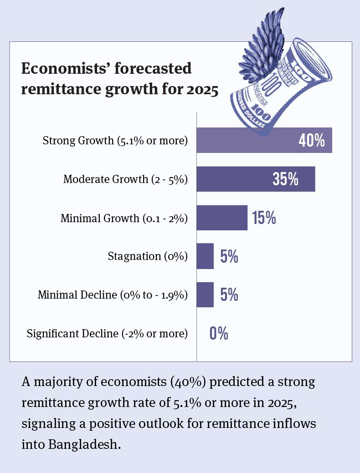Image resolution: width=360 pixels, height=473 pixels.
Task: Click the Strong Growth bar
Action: coord(246,140)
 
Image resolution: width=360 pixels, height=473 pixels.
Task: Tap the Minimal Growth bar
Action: coord(222,218)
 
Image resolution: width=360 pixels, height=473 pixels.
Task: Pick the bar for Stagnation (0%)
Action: coord(205,256)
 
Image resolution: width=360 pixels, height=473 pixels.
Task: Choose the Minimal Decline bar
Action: coord(205,295)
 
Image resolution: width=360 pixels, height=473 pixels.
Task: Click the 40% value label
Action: coord(312,140)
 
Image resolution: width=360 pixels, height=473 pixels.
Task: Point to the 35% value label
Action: coord(285,179)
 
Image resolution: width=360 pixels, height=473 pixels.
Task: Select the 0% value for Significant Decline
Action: coord(219,334)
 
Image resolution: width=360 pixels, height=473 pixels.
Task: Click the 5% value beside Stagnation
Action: coord(229,257)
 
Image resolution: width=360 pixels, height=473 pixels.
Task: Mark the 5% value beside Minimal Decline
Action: coord(229,295)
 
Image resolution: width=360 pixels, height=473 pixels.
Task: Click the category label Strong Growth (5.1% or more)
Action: coord(115,141)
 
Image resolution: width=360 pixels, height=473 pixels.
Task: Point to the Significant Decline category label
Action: coord(107,334)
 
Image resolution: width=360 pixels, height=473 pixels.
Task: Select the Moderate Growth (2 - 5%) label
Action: coord(125,179)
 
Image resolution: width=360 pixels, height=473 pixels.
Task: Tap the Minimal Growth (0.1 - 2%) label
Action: coord(124,218)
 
